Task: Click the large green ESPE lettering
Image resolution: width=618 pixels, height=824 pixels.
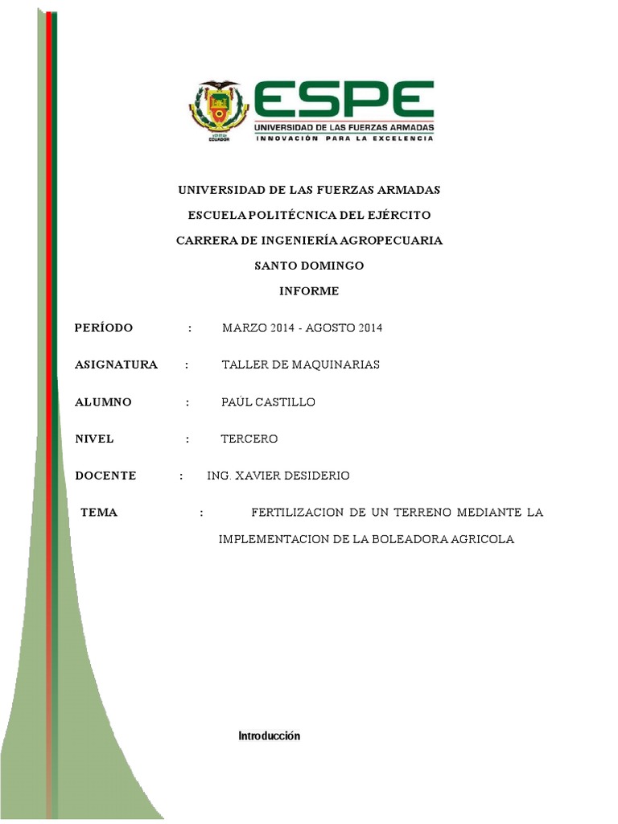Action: click(x=344, y=100)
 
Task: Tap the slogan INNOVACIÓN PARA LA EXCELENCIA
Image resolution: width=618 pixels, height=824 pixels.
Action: click(x=344, y=138)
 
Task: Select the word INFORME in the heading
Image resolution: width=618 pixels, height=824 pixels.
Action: click(x=309, y=290)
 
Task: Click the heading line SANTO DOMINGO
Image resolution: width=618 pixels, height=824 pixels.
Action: click(x=309, y=266)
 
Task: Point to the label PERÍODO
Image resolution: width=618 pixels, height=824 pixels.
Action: click(x=103, y=328)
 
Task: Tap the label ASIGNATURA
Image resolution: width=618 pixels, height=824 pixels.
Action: click(x=116, y=365)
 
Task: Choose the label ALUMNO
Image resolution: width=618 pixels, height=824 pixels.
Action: click(x=102, y=402)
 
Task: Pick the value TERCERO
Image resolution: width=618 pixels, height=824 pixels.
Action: click(x=249, y=439)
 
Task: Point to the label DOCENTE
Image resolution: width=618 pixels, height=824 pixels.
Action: click(x=105, y=476)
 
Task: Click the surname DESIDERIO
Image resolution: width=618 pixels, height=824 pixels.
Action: click(x=313, y=476)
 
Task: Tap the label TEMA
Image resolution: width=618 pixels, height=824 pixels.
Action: click(x=99, y=513)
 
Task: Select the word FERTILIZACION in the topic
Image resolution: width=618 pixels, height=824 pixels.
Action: click(x=297, y=513)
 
